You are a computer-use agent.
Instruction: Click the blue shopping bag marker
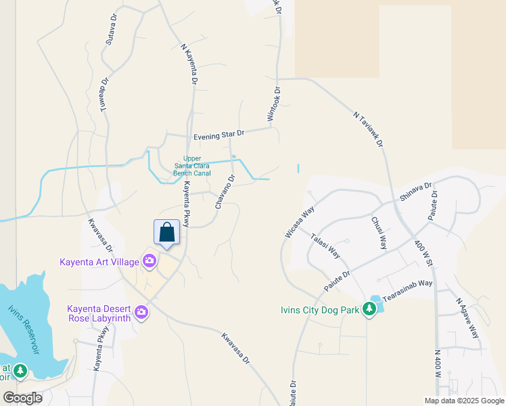tap(167, 233)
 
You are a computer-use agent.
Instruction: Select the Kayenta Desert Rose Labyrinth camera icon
tap(141, 312)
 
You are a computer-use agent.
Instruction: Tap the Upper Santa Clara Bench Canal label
tap(193, 166)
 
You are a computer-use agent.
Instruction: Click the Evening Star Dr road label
tap(218, 135)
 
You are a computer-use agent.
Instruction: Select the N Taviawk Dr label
tap(369, 130)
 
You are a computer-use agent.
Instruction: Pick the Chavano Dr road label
tap(225, 191)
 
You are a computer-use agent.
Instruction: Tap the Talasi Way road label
tap(326, 246)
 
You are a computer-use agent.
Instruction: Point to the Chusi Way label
tap(379, 232)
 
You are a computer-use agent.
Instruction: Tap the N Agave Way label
tap(467, 319)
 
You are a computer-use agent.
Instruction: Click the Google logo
tap(22, 397)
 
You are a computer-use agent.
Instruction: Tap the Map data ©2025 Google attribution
tap(465, 401)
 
